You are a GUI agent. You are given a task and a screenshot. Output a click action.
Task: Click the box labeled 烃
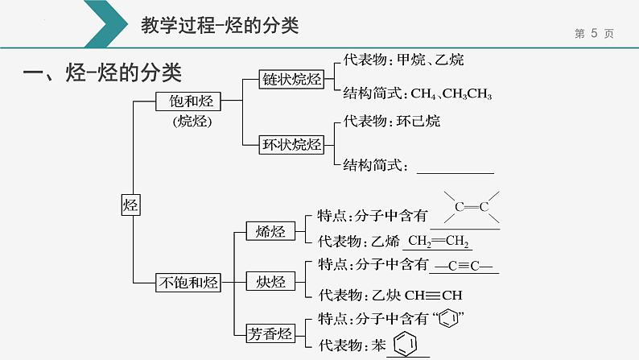tap(130, 205)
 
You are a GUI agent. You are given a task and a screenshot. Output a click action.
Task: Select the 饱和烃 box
tap(188, 101)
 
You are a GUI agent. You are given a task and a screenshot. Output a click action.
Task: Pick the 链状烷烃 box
tap(291, 79)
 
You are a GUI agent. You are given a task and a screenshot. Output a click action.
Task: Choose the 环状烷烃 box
tap(291, 146)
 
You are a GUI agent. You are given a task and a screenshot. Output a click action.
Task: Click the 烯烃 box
tap(265, 232)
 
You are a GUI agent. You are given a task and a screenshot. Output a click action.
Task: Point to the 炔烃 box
tap(265, 281)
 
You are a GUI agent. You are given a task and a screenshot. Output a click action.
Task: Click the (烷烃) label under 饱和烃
tap(189, 122)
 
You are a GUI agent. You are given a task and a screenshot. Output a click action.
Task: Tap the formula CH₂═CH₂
tap(439, 241)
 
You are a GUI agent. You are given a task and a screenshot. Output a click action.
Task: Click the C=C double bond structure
tap(472, 208)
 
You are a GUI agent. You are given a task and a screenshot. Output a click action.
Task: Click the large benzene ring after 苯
tap(406, 345)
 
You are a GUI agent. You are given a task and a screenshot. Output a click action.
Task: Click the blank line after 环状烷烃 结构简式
tap(456, 168)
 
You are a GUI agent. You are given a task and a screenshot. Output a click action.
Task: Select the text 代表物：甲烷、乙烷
tap(402, 60)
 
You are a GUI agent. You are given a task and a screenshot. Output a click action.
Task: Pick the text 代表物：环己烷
tap(391, 122)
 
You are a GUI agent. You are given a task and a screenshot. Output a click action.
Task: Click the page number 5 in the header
tap(593, 33)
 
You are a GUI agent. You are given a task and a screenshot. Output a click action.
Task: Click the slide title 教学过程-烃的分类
tap(219, 26)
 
